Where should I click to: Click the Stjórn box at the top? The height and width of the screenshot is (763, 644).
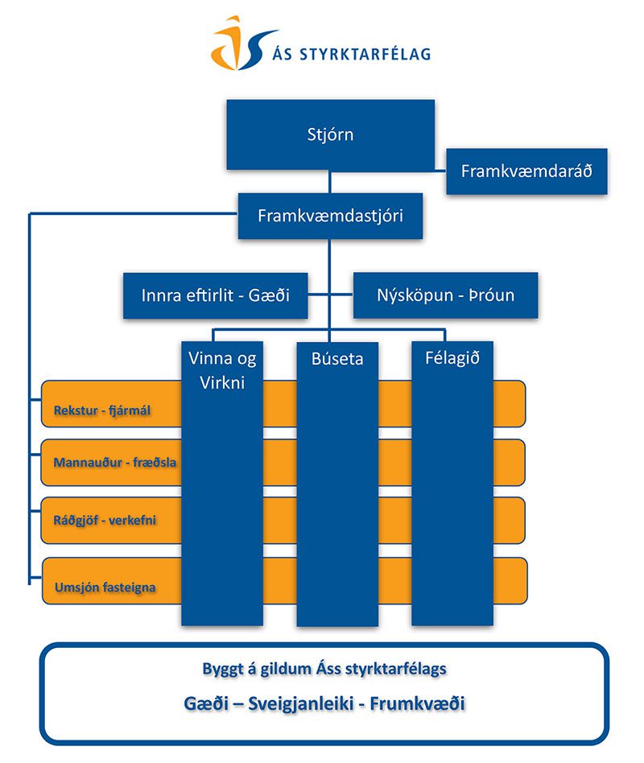pyautogui.click(x=330, y=134)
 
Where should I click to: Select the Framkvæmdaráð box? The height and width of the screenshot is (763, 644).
pyautogui.click(x=526, y=171)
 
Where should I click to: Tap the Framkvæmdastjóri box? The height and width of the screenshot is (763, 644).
pyautogui.click(x=330, y=216)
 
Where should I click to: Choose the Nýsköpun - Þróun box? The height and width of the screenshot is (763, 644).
pyautogui.click(x=445, y=295)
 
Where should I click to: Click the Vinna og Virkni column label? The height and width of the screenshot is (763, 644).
pyautogui.click(x=223, y=370)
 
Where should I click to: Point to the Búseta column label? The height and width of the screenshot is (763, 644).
pyautogui.click(x=337, y=359)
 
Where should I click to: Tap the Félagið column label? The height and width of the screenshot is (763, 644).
pyautogui.click(x=452, y=358)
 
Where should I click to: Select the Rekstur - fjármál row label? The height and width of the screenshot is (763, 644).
pyautogui.click(x=102, y=411)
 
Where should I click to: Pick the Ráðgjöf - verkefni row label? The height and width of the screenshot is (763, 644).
pyautogui.click(x=105, y=520)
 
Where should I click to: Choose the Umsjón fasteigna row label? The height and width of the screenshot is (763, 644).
pyautogui.click(x=105, y=587)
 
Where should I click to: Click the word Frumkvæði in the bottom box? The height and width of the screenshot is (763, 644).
pyautogui.click(x=422, y=703)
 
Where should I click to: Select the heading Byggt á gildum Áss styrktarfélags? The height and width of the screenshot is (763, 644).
pyautogui.click(x=324, y=668)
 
